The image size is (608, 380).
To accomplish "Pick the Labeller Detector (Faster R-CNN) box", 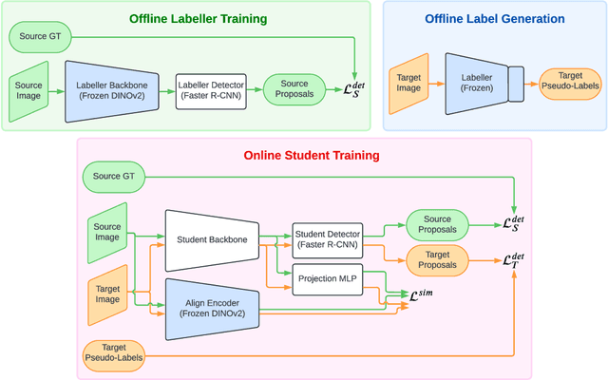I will [x=215, y=91].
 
